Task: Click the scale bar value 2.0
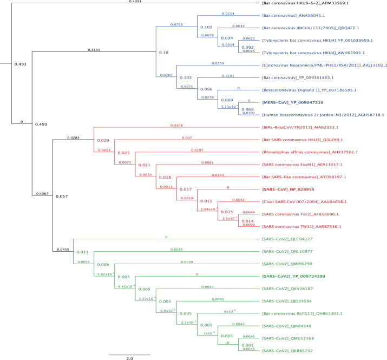(x=130, y=358)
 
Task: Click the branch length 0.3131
(x=95, y=50)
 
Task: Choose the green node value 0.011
(x=82, y=252)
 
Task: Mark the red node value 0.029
(x=103, y=141)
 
